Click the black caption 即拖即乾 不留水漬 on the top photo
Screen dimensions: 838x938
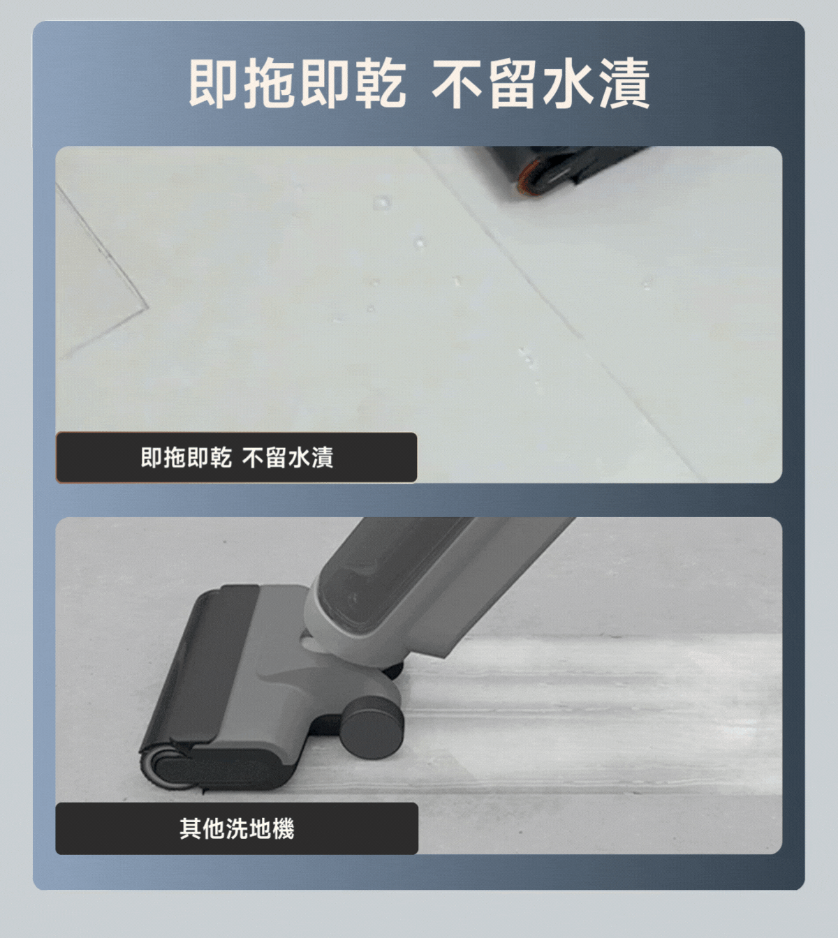pos(236,457)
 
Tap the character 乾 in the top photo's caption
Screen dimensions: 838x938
pos(221,457)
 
